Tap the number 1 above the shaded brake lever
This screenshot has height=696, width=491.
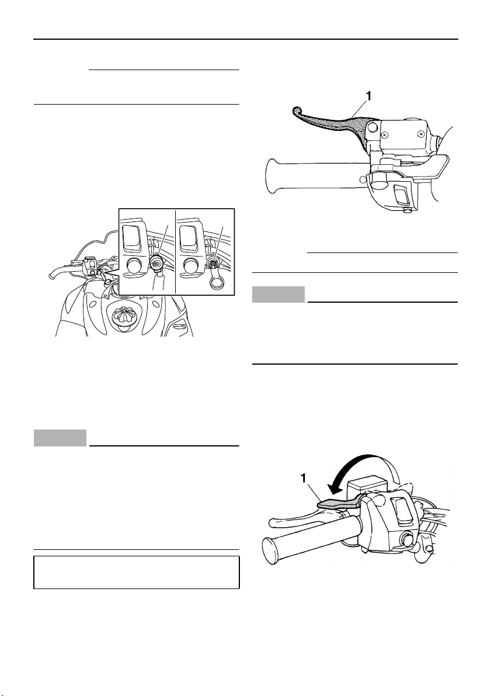tap(368, 95)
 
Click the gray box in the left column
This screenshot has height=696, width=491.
tap(60, 438)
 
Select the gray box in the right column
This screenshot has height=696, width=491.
tap(278, 295)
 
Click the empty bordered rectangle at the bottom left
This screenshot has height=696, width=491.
tap(137, 572)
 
